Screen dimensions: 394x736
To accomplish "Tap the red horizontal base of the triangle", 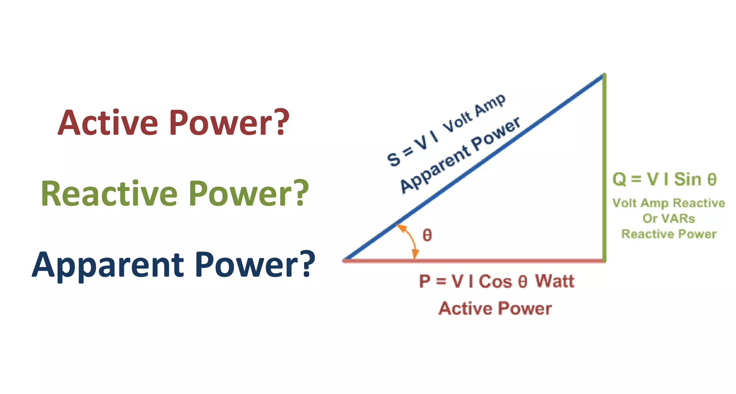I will [x=503, y=261].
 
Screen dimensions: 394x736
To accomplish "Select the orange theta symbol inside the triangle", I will [x=427, y=235].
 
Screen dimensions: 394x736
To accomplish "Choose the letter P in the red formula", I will [x=425, y=281].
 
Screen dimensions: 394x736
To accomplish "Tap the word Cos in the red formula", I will [x=495, y=281].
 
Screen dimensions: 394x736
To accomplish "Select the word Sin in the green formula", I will [x=687, y=179].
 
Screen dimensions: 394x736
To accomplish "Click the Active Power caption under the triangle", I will [x=495, y=309].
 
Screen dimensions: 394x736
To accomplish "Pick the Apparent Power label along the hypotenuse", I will [x=460, y=155].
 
